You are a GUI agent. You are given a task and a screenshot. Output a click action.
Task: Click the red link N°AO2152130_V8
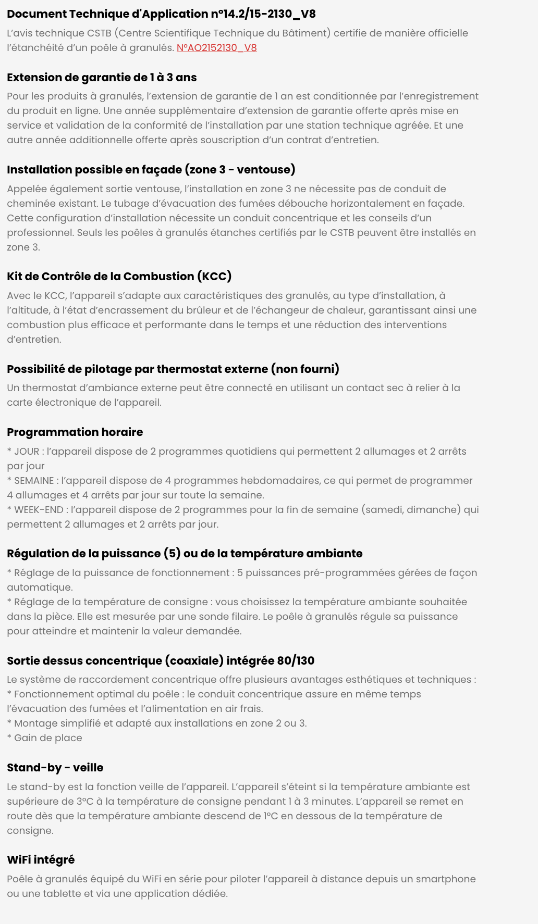pos(216,48)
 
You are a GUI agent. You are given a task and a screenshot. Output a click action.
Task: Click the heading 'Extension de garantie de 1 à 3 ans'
pos(102,78)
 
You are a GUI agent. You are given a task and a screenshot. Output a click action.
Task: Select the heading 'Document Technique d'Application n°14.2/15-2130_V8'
pos(161,14)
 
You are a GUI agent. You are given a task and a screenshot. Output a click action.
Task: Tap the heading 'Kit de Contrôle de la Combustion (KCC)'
pos(119,277)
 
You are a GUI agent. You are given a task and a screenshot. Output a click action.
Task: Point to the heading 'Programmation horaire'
pos(75,432)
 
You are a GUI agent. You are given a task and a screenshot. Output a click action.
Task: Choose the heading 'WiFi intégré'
pos(41,860)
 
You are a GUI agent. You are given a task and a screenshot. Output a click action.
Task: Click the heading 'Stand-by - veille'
pos(55,768)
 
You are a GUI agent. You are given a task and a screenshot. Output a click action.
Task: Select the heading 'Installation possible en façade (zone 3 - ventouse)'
pos(151,170)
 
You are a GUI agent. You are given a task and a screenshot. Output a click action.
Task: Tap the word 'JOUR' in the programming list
pos(27,452)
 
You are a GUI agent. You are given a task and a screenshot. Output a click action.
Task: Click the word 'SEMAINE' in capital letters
pos(34,481)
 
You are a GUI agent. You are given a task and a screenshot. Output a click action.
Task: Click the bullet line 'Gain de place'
pos(48,738)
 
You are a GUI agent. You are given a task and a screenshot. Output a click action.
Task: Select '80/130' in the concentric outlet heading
pos(296,661)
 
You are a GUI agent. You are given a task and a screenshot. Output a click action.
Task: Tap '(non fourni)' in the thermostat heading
pos(305,369)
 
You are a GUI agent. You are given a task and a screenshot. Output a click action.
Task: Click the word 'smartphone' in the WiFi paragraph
pos(445,879)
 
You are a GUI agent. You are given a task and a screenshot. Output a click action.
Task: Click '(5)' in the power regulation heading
pos(172,554)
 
